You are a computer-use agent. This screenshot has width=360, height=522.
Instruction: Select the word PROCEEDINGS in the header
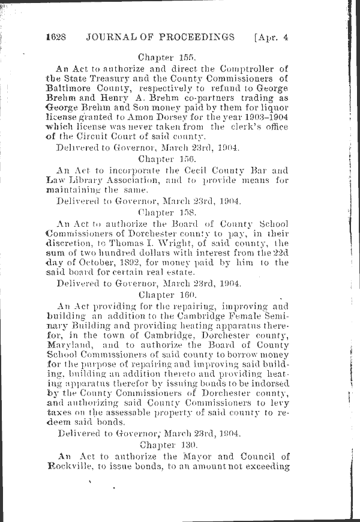193,37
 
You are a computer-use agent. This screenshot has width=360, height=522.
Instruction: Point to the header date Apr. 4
271,37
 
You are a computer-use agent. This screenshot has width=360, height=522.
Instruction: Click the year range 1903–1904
265,117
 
